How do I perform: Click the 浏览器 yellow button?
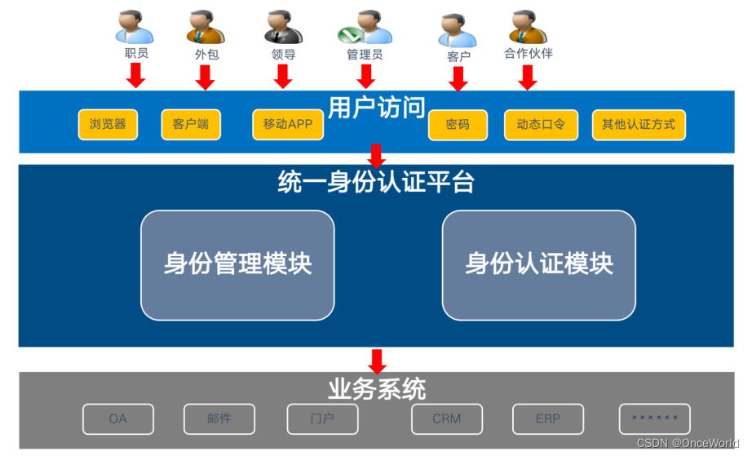click(x=108, y=125)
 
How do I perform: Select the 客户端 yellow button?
click(x=191, y=125)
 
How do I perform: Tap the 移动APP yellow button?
click(x=288, y=125)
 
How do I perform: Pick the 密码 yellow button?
click(x=458, y=126)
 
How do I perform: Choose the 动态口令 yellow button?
click(x=541, y=126)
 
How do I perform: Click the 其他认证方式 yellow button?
click(x=639, y=125)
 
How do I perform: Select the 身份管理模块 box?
click(x=237, y=265)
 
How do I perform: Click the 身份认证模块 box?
click(x=538, y=265)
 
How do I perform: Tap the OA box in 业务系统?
click(x=117, y=418)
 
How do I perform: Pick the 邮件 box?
click(x=219, y=418)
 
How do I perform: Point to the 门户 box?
click(x=322, y=418)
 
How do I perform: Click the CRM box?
click(x=446, y=418)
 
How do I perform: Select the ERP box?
click(x=547, y=418)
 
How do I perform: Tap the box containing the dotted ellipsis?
click(x=654, y=418)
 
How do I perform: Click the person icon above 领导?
click(x=283, y=26)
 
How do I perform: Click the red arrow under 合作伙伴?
click(x=528, y=77)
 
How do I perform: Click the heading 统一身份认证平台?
click(x=376, y=181)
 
